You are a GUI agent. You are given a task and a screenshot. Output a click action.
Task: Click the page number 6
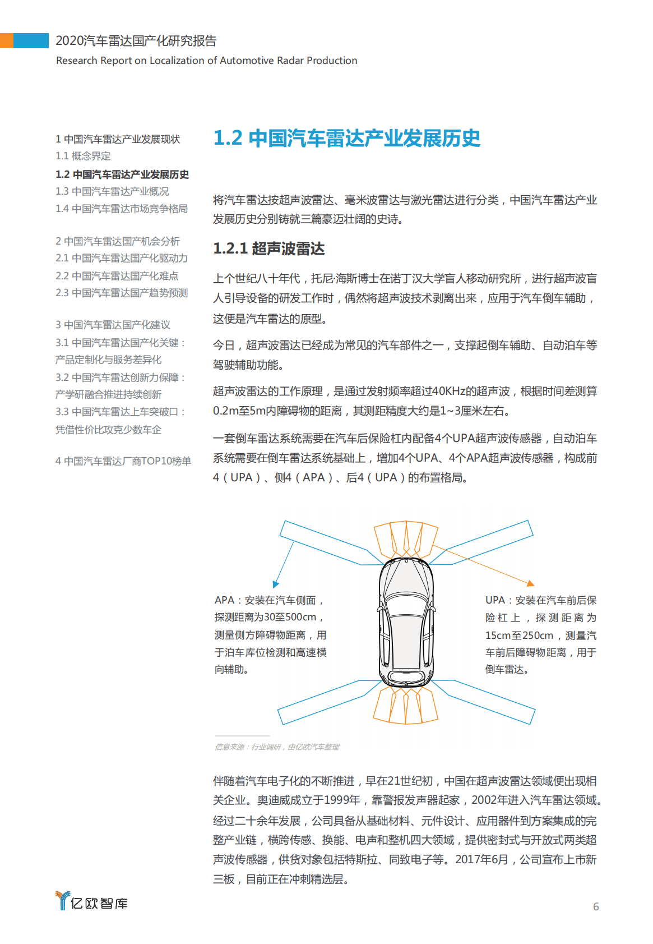(x=596, y=906)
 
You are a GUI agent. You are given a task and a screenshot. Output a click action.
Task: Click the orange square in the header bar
(x=7, y=40)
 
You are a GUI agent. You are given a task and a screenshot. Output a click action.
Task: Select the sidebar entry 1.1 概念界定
(x=83, y=156)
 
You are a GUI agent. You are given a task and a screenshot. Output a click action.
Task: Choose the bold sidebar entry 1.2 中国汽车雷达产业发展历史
(x=122, y=174)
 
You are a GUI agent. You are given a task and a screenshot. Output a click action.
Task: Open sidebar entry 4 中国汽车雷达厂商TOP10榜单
(x=123, y=461)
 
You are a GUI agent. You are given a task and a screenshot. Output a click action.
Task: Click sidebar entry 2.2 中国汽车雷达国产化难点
(x=117, y=276)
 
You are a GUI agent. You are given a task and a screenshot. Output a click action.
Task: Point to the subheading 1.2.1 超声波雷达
(x=269, y=248)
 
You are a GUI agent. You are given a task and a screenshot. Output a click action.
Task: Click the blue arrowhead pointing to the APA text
(x=276, y=584)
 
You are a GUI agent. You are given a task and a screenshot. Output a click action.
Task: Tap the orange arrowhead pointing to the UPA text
(x=530, y=583)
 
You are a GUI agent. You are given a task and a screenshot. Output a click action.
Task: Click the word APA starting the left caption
(x=224, y=600)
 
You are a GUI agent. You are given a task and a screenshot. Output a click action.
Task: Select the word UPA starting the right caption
(x=495, y=600)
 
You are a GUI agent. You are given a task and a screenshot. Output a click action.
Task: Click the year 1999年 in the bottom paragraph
(x=342, y=800)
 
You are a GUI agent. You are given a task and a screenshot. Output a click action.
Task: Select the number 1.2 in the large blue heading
(x=228, y=138)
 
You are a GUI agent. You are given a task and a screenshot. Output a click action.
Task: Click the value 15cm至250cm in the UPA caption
(x=519, y=636)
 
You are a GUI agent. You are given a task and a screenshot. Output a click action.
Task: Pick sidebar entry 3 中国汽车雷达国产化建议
(x=113, y=325)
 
